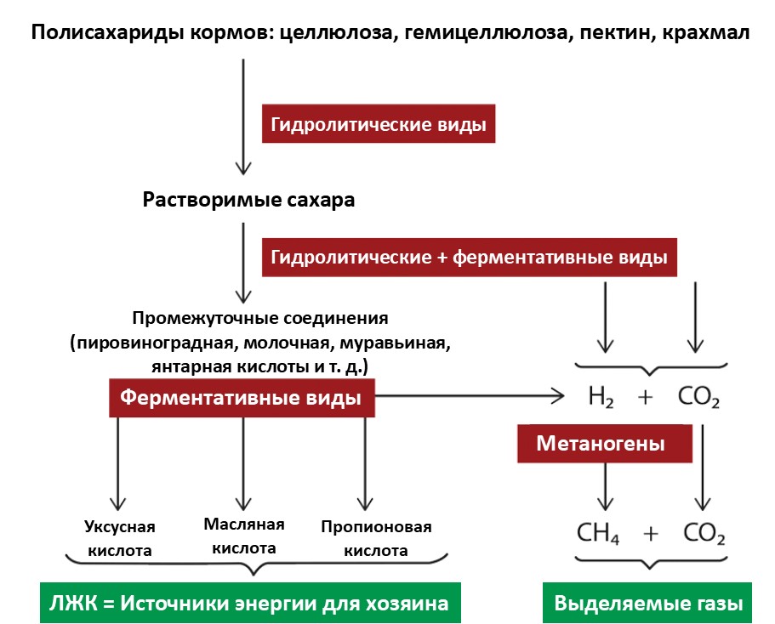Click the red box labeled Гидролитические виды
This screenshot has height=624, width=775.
click(x=378, y=125)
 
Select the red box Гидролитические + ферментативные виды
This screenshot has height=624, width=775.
click(x=469, y=256)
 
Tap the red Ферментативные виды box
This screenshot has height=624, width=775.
click(x=242, y=397)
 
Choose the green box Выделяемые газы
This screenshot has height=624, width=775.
click(x=648, y=604)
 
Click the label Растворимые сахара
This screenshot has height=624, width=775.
click(x=248, y=201)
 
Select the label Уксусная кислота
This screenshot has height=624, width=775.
click(x=119, y=538)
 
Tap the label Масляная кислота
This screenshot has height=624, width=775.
click(x=244, y=536)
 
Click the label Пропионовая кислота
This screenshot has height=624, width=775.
click(x=376, y=538)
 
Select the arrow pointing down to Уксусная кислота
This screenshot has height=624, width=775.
click(x=118, y=463)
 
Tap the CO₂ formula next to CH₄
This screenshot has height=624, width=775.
click(x=704, y=534)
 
